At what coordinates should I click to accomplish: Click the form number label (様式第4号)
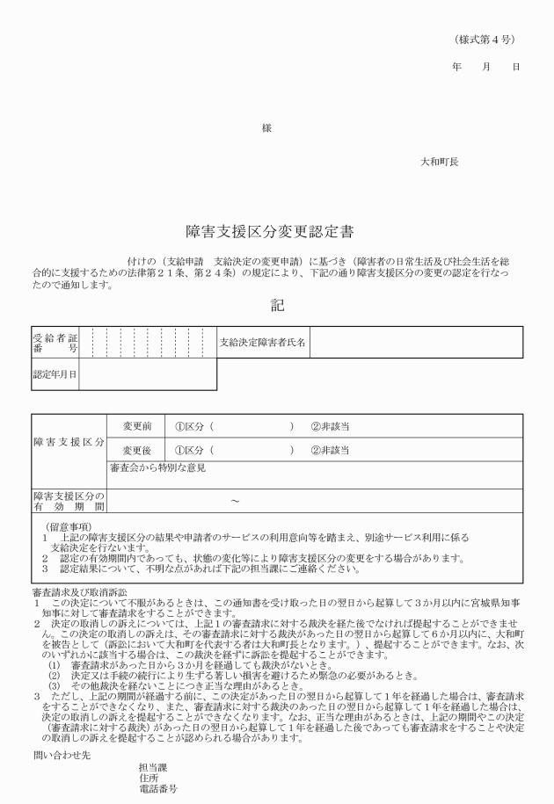[485, 40]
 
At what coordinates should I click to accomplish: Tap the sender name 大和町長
[439, 162]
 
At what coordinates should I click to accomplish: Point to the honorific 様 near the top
[267, 128]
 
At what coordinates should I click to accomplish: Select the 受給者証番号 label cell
[55, 343]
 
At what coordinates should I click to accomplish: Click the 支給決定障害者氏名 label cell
[263, 343]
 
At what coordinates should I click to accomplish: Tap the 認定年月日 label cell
[55, 375]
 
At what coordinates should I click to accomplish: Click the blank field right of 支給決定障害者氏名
[415, 343]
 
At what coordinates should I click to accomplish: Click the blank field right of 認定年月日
[148, 375]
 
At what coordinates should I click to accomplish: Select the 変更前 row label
[137, 426]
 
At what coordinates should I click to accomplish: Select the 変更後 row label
[137, 450]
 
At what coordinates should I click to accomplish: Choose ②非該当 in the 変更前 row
[331, 426]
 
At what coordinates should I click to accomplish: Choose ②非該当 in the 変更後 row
[331, 450]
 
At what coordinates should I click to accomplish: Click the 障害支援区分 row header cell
[69, 438]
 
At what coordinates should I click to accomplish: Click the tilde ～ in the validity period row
[234, 501]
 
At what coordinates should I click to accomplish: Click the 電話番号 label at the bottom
[158, 789]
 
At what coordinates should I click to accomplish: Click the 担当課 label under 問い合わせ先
[154, 766]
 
